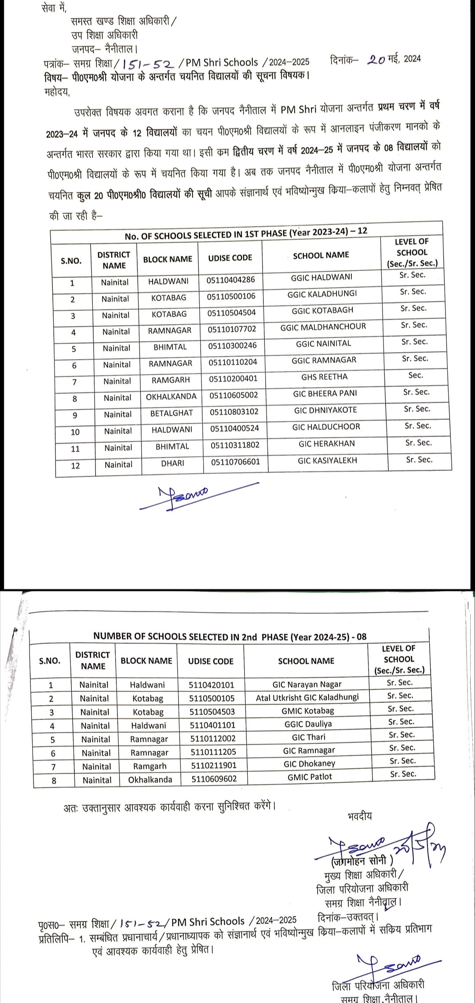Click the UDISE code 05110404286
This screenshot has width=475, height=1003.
(x=230, y=280)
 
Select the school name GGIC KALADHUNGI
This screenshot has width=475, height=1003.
(x=322, y=294)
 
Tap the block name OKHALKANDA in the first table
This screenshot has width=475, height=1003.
(x=171, y=396)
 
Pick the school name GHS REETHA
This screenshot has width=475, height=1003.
(x=324, y=377)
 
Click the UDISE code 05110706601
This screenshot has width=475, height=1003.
(x=235, y=462)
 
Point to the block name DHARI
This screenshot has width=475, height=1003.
(x=172, y=463)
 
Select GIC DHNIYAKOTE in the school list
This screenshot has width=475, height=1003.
(x=325, y=410)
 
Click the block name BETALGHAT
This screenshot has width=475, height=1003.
(x=172, y=413)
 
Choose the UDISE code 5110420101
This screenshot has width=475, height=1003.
(x=212, y=685)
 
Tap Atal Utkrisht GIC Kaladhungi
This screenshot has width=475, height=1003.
(x=307, y=698)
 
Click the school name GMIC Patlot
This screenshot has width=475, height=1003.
(x=310, y=777)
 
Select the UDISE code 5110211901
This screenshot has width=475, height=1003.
(x=213, y=765)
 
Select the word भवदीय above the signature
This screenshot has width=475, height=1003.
(x=359, y=816)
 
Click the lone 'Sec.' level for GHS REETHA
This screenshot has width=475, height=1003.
(x=415, y=375)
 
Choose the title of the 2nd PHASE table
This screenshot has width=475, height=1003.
(x=230, y=636)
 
